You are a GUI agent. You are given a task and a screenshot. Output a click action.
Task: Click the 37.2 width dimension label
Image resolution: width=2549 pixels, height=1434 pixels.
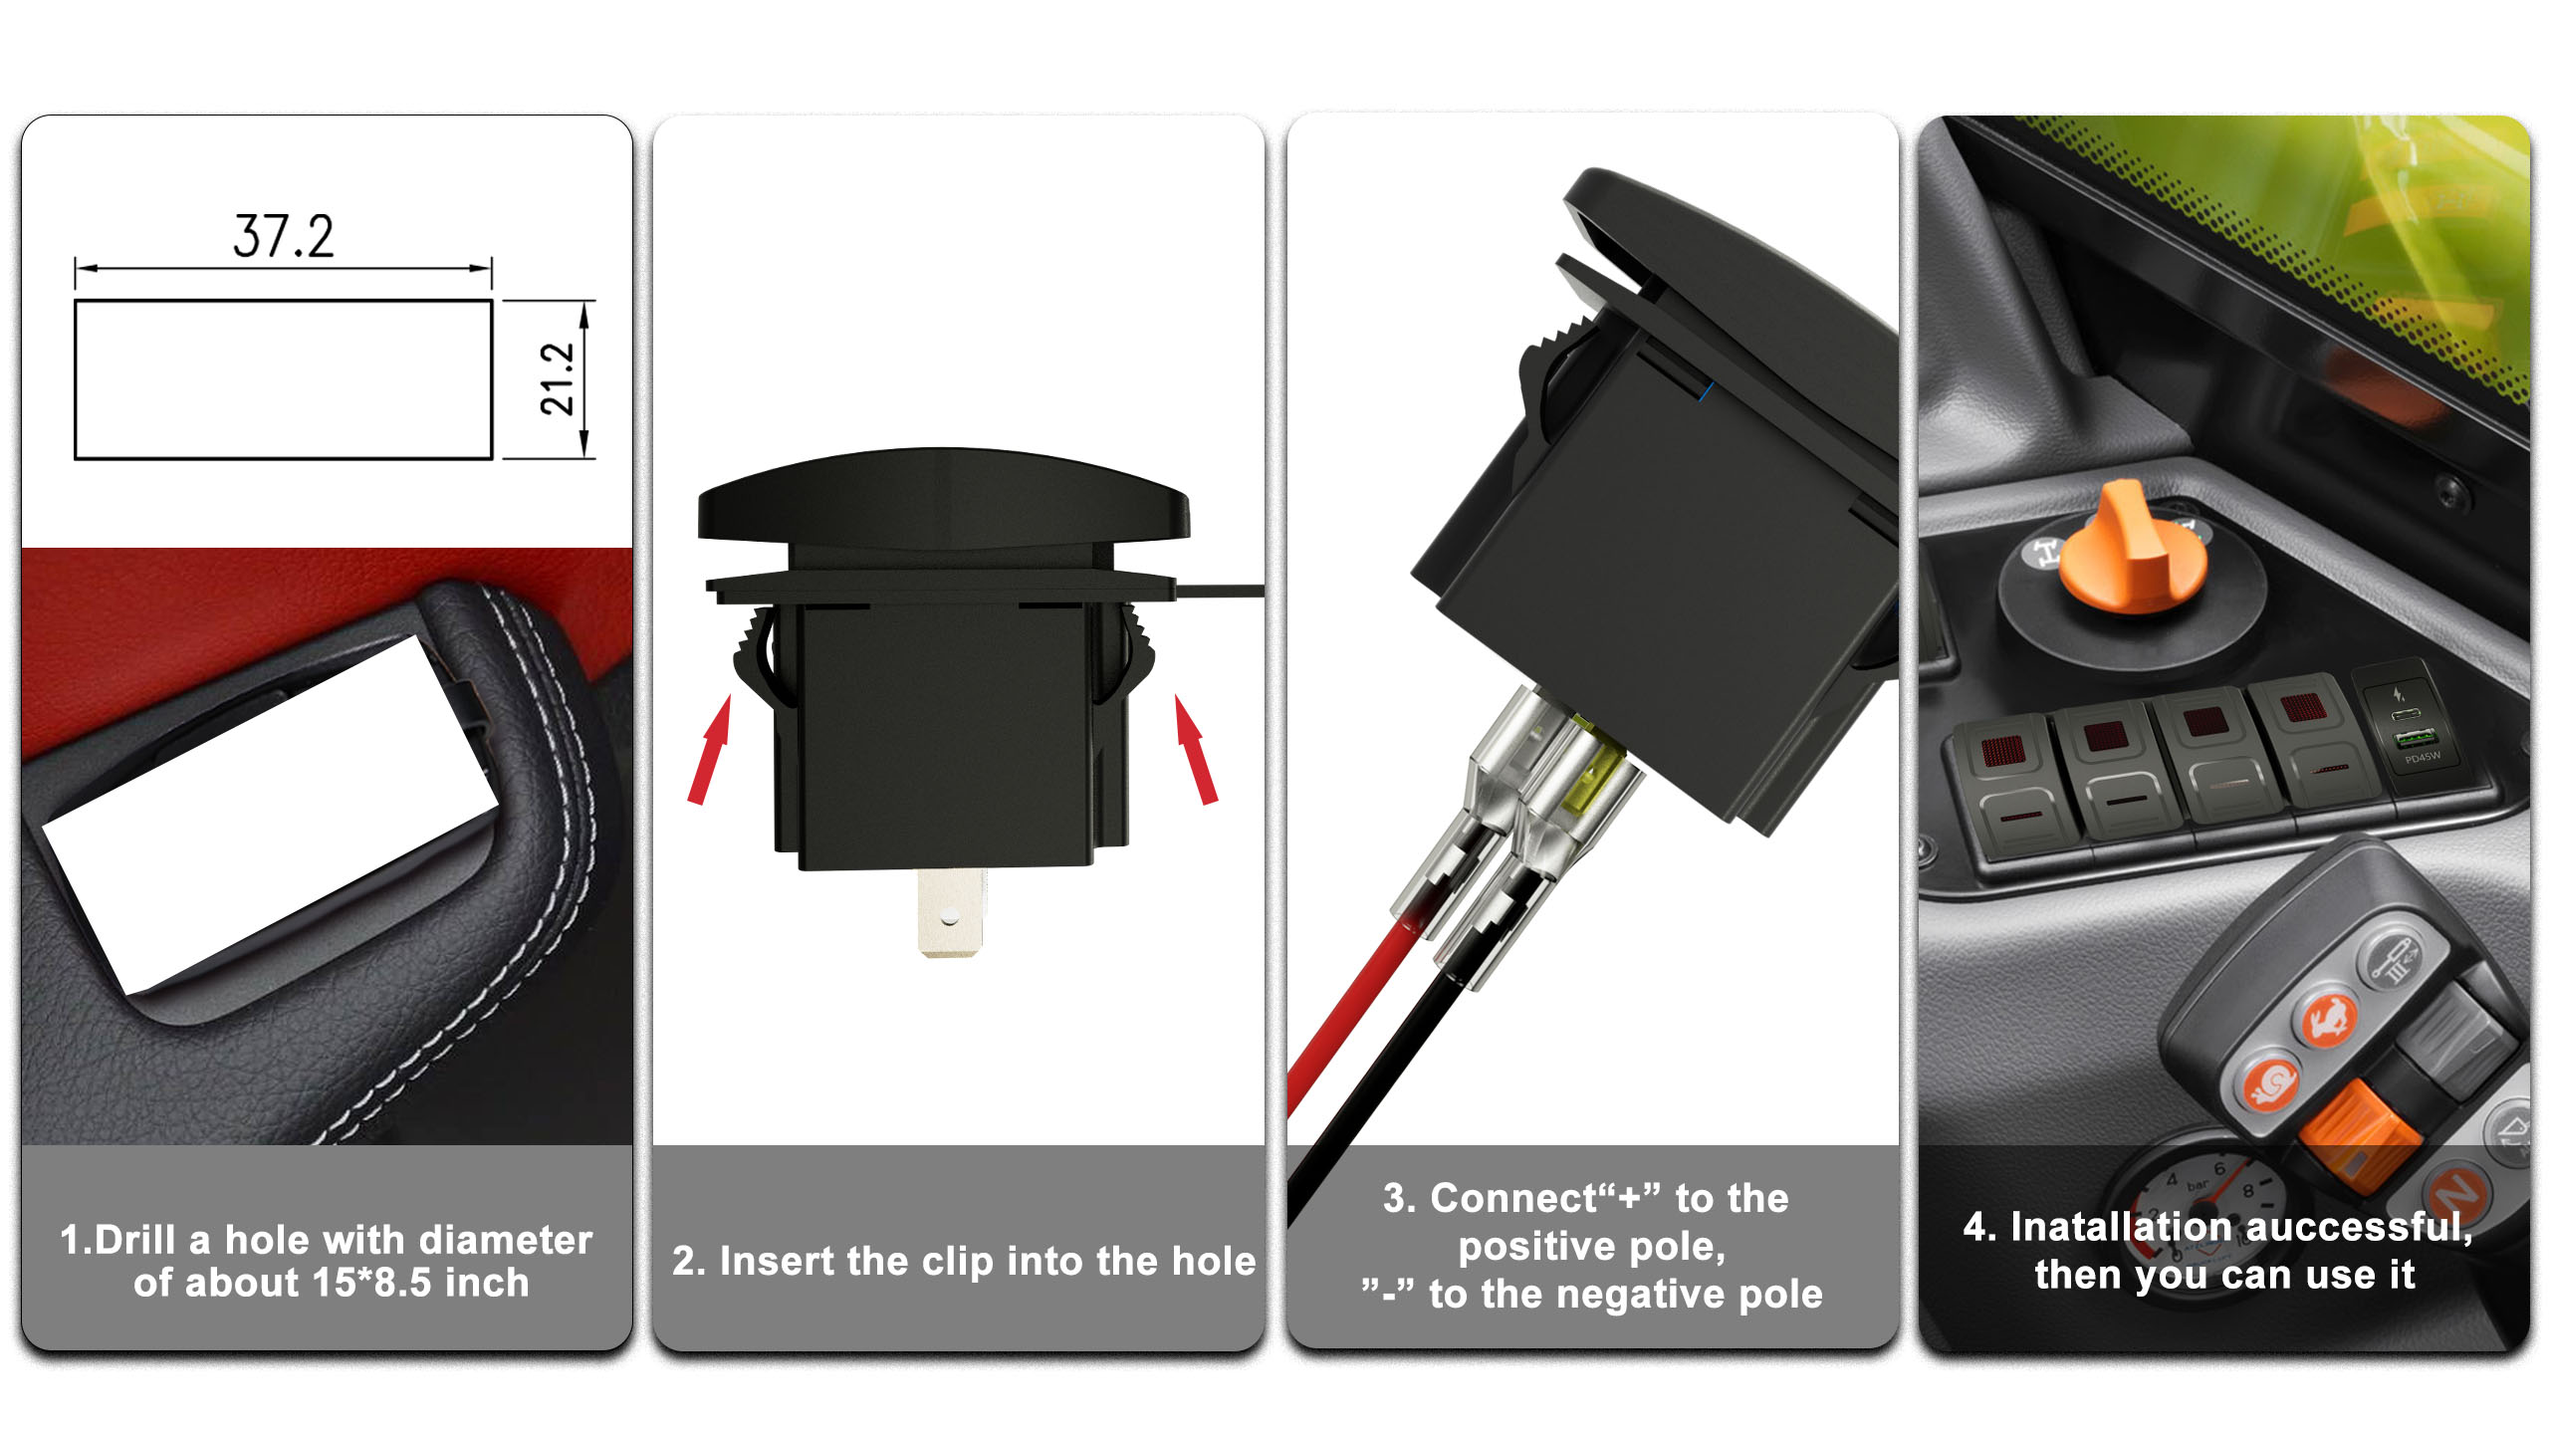[284, 237]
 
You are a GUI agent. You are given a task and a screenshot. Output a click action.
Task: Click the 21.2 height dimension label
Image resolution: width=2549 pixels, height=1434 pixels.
[558, 379]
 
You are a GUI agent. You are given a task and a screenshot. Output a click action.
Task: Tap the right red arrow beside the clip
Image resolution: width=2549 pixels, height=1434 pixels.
[1195, 749]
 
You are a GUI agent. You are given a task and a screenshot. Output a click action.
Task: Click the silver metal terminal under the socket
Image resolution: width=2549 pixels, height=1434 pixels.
[950, 911]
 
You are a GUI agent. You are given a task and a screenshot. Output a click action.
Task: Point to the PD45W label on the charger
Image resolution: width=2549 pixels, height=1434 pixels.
[2423, 758]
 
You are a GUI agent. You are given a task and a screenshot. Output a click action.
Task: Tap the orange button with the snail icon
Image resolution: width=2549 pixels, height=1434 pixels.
[2271, 1082]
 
